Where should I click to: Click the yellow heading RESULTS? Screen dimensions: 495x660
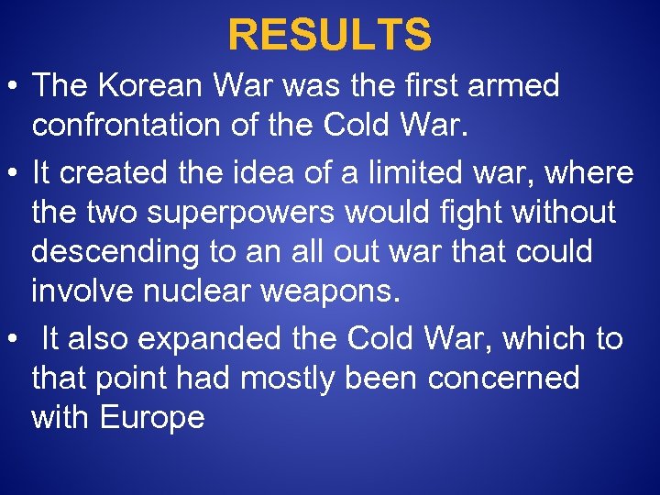click(x=329, y=35)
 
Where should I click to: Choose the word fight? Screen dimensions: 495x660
click(x=468, y=213)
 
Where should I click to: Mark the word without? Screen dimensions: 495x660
click(x=565, y=213)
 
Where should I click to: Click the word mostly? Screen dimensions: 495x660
click(x=286, y=378)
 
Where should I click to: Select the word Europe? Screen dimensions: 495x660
click(x=152, y=418)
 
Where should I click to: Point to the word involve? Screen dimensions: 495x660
click(x=81, y=291)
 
